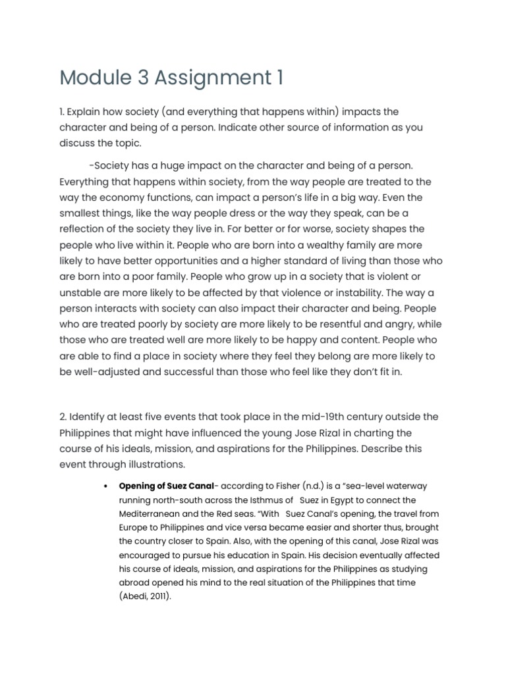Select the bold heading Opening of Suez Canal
click(x=166, y=486)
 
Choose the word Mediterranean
click(x=152, y=514)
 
